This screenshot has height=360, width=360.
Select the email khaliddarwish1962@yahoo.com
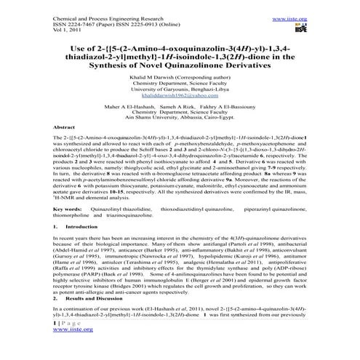point(179,95)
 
